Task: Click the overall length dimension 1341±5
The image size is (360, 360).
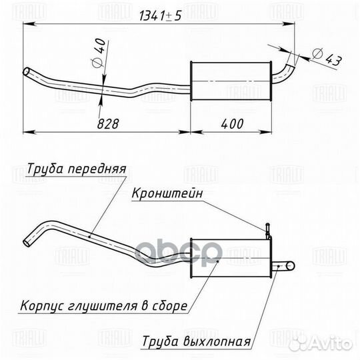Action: click(x=161, y=16)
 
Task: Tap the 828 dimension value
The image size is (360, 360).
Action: click(x=108, y=124)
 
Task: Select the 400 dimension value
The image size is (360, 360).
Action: click(x=232, y=124)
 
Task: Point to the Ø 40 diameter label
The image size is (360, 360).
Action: click(x=99, y=53)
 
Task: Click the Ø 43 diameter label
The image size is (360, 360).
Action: click(x=327, y=57)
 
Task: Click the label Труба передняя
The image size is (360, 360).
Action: click(x=77, y=169)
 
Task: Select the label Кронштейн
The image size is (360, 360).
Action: click(x=167, y=193)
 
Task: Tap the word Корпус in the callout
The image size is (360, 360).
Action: click(x=43, y=306)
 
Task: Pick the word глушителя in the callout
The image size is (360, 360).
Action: click(x=103, y=306)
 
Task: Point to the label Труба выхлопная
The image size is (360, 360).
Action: click(x=196, y=341)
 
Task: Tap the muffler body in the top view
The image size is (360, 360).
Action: click(x=231, y=81)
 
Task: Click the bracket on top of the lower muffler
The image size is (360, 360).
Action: click(x=268, y=231)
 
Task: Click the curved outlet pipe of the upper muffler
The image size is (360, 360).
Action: click(x=283, y=74)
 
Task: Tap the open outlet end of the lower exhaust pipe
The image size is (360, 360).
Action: click(x=291, y=266)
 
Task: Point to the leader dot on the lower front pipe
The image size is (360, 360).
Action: click(x=89, y=236)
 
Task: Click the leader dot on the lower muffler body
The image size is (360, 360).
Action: click(x=219, y=261)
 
